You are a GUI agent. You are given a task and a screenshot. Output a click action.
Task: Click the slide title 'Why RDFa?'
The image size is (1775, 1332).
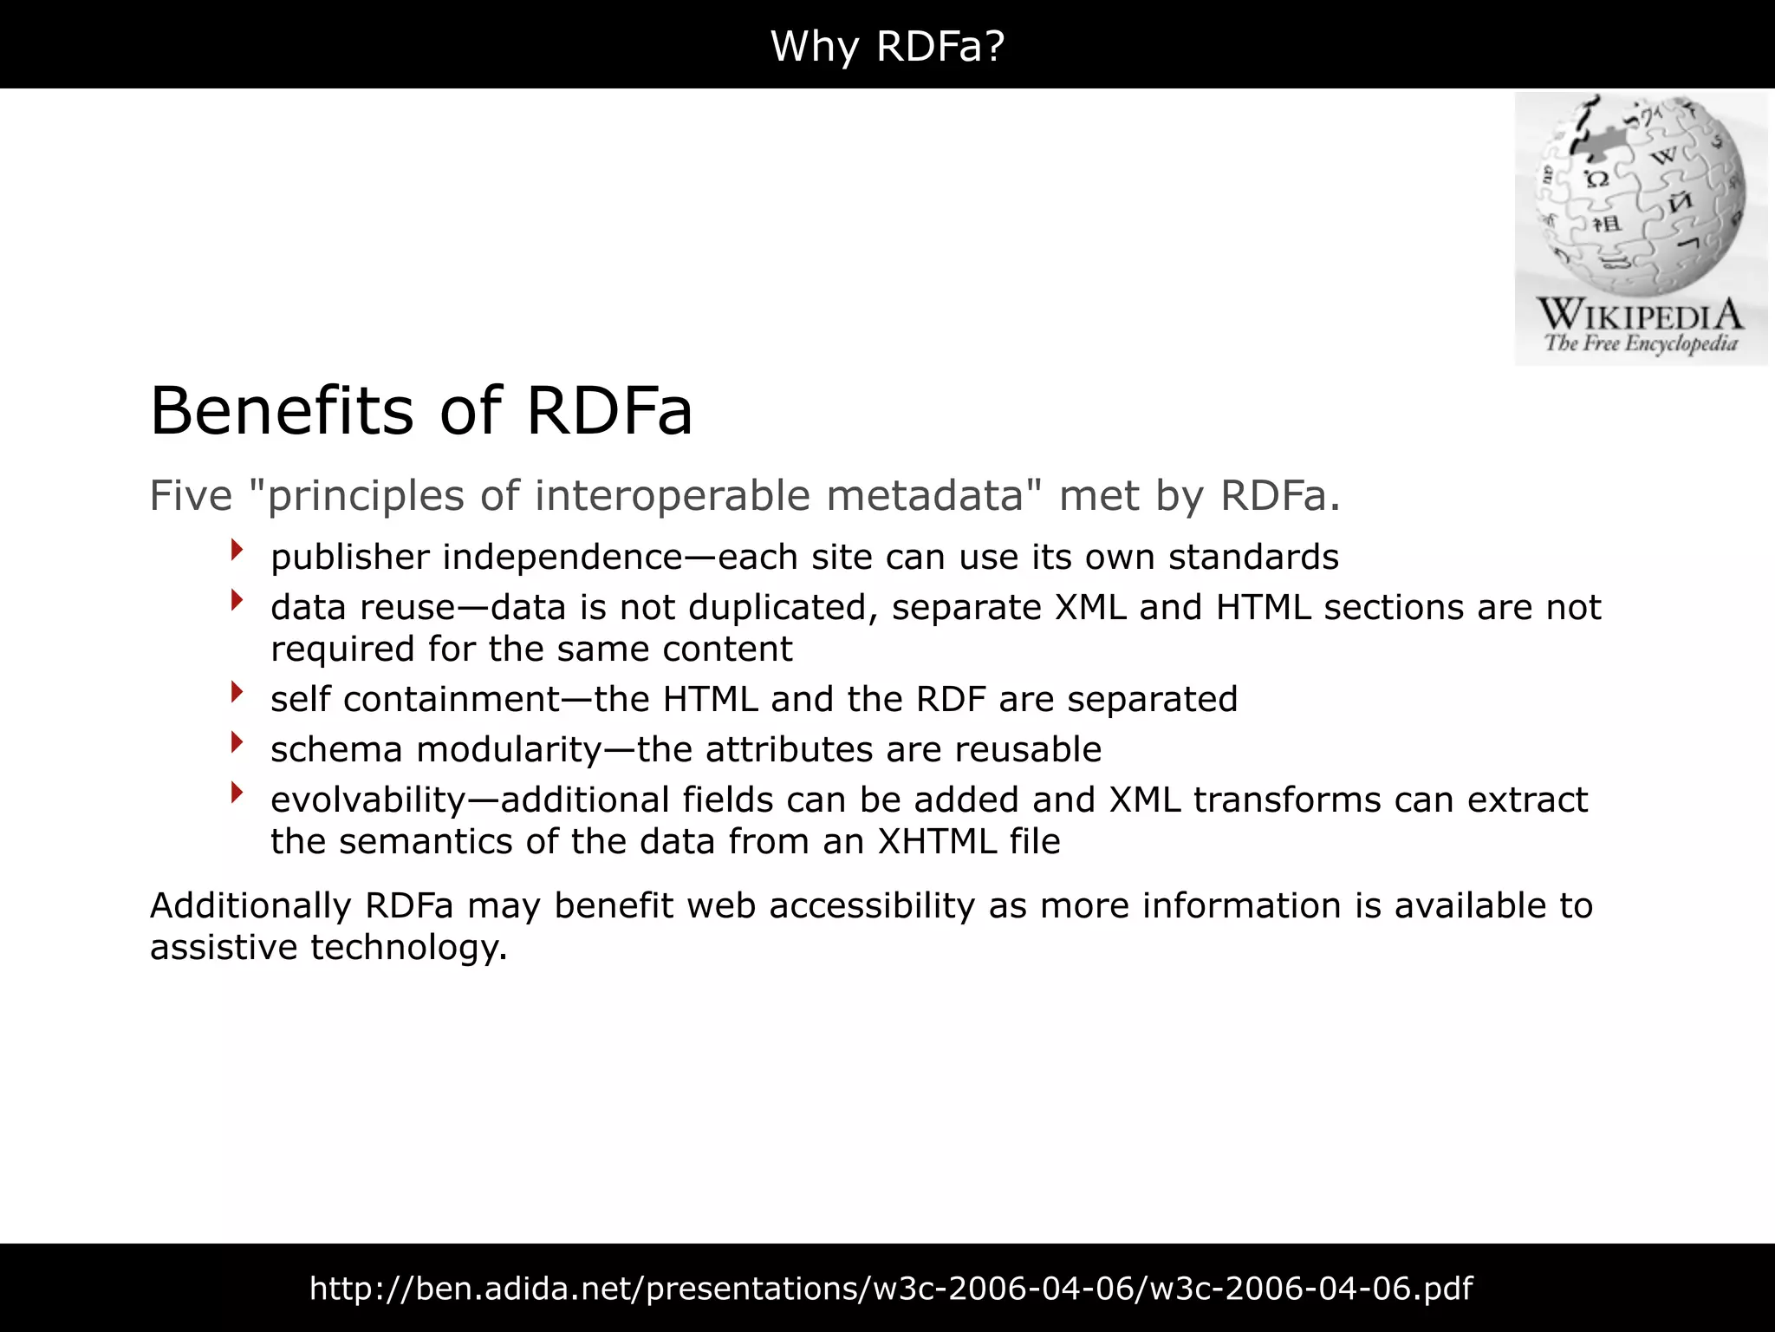click(887, 45)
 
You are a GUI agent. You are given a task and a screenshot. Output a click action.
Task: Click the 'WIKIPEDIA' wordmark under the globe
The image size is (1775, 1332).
click(1640, 314)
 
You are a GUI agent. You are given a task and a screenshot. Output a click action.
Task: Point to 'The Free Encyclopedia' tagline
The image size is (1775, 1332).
click(1641, 343)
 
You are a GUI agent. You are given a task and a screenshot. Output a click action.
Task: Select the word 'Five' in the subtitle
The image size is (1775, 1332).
click(191, 496)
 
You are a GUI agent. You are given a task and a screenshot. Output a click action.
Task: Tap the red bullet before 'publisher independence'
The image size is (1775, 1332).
click(237, 550)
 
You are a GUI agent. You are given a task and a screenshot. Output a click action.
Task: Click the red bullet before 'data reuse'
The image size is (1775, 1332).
click(237, 600)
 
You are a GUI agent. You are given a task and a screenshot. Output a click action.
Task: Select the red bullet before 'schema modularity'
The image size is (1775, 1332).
click(237, 742)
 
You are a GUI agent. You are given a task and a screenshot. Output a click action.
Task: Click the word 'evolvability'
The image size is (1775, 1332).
click(368, 800)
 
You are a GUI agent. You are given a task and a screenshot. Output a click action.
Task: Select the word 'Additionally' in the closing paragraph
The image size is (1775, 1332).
click(250, 906)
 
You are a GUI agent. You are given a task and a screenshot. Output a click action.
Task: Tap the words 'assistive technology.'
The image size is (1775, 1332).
click(328, 948)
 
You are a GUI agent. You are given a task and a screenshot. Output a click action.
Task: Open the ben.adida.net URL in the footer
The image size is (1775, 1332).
click(890, 1289)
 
